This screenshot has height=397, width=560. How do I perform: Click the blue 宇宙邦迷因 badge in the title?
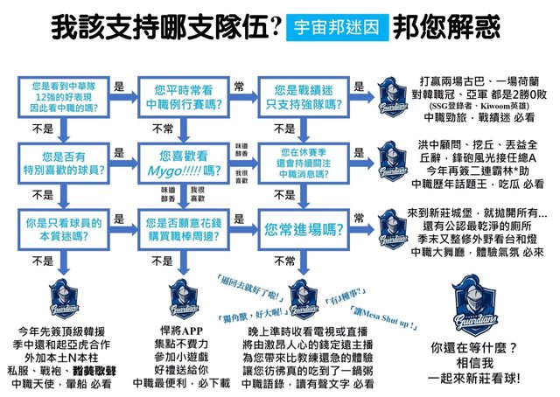[x=337, y=27]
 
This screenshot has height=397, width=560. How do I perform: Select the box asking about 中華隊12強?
[x=58, y=95]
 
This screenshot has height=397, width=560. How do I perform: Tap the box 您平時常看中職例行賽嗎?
[x=180, y=95]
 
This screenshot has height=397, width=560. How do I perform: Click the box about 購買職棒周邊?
[x=180, y=227]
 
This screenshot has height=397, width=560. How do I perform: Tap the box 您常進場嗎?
[x=302, y=226]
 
